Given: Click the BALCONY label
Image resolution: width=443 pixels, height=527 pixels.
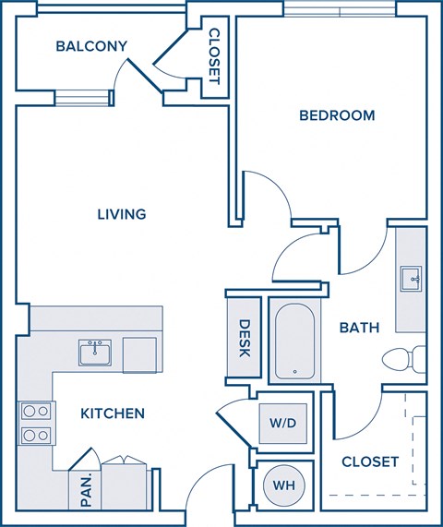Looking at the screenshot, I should click(91, 46).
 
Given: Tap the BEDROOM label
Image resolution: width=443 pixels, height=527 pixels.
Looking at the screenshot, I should click(337, 115).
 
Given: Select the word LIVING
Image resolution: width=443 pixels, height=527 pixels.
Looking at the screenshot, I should click(122, 214).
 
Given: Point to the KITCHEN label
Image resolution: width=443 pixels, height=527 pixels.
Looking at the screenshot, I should click(112, 413).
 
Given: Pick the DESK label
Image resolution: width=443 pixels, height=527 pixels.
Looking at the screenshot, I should click(245, 337).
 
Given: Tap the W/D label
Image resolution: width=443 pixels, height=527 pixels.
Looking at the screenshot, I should click(281, 424).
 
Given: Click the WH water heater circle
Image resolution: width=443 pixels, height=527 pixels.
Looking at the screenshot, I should click(281, 484).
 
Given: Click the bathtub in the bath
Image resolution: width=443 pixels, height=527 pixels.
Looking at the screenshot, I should click(294, 341).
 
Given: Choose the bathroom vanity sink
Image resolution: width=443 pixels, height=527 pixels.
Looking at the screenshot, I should click(410, 277).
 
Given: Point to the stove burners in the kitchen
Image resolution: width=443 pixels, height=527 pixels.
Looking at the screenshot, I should click(34, 424).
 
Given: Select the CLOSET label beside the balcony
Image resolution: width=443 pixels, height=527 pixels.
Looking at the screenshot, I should click(213, 57).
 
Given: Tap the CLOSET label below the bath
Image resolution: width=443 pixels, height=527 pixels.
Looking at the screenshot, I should click(370, 461).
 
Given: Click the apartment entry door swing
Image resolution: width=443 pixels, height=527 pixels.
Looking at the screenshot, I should click(204, 494).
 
